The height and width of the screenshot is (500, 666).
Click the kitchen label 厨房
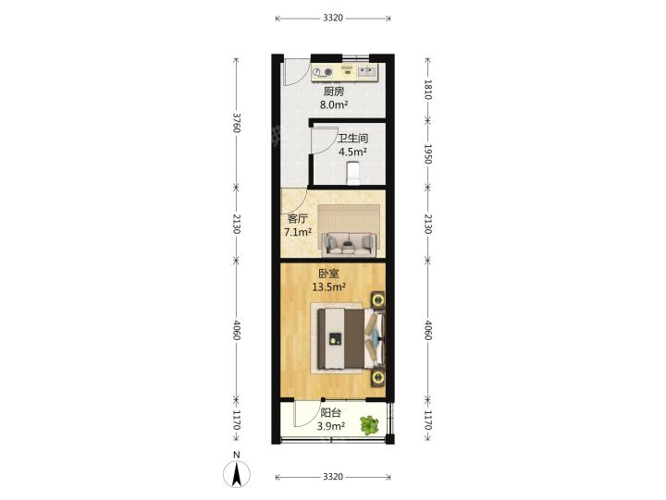333,91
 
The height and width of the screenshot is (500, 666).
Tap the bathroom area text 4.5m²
352,152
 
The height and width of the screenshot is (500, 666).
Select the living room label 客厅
297,219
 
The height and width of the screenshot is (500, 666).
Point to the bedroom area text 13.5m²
328,287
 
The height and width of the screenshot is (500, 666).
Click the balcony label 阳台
330,412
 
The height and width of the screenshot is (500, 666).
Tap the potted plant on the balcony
369,425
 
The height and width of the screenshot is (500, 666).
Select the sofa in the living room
349,245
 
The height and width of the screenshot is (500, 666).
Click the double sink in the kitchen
366,72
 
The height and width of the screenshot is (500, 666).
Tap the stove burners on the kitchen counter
323,73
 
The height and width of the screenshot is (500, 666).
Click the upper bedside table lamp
378,300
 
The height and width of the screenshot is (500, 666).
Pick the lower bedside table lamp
378,377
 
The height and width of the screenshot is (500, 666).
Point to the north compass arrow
237,474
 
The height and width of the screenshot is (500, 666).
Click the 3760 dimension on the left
237,122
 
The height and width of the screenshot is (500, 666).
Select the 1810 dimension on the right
427,90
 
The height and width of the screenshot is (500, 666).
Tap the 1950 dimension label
427,154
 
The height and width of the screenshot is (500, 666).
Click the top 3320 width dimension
333,18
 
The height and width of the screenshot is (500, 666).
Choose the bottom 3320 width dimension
333,477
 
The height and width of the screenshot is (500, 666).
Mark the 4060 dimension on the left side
237,330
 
